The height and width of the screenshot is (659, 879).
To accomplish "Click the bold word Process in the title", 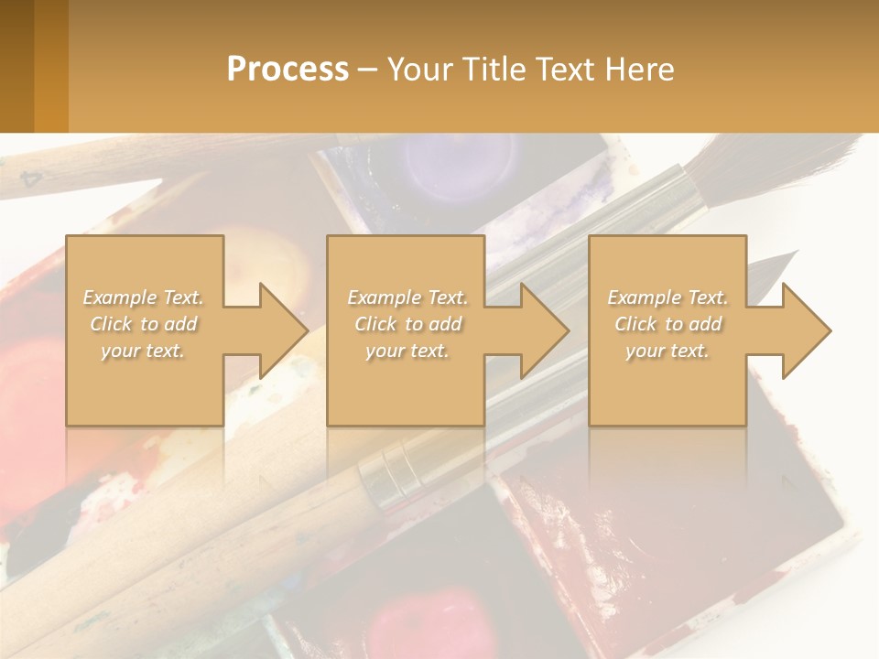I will (x=288, y=69).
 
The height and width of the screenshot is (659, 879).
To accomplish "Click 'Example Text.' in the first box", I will (x=143, y=297).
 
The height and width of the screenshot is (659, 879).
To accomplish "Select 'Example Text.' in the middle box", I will (x=407, y=297).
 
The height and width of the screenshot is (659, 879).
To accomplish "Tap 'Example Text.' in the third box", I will (x=667, y=297).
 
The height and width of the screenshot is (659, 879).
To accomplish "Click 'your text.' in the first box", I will (x=143, y=351).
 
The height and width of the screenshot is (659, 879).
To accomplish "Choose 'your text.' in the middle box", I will (x=407, y=351).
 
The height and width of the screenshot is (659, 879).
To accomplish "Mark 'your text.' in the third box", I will (x=667, y=351).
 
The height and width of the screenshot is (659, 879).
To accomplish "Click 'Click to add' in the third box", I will (x=667, y=324).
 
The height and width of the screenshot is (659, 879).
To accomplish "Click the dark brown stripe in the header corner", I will (x=16, y=66).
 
